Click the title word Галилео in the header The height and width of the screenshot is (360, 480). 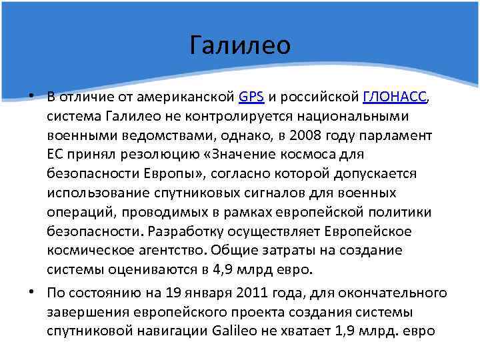point(240,45)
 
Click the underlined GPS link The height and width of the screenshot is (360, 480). point(251,97)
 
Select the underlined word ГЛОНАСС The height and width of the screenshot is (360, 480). point(395,97)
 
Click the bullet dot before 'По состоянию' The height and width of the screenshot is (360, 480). point(34,293)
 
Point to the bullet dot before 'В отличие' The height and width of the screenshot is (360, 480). point(34,97)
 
